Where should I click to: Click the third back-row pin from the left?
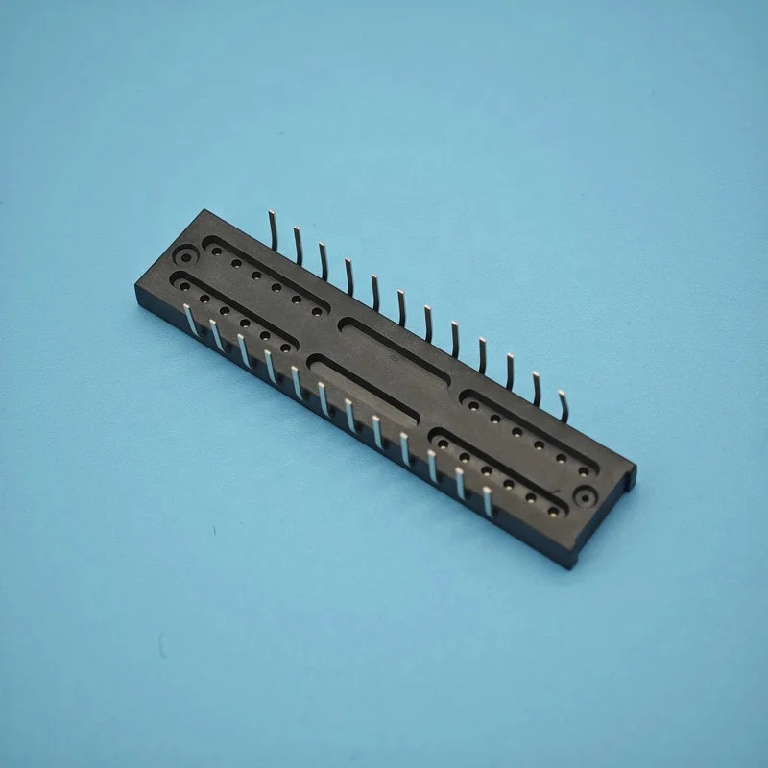tap(324, 259)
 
